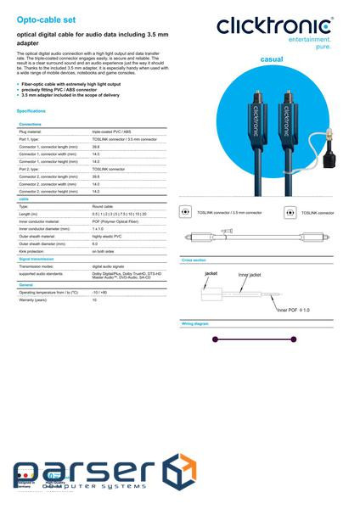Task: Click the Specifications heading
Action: coord(31,111)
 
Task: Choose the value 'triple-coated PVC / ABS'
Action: coord(110,132)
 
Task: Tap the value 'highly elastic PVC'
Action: coord(108,236)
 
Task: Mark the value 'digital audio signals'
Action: coord(109,266)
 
